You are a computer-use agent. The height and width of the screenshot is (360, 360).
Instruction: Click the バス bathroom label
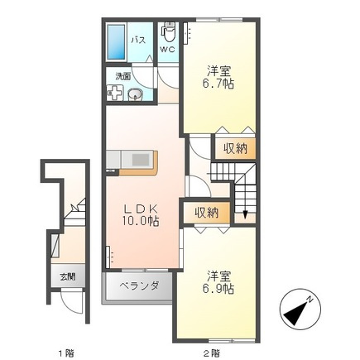point(141,40)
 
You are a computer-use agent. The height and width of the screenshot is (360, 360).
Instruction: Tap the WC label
point(168,49)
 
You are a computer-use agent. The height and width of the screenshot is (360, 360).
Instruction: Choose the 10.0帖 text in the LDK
point(142,221)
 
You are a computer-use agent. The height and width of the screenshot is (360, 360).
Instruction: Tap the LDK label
point(141,207)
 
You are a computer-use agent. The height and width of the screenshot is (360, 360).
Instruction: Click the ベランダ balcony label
point(134,287)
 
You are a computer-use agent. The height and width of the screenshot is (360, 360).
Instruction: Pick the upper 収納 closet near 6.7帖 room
point(234,149)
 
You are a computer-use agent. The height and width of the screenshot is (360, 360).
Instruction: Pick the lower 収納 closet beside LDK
point(206,213)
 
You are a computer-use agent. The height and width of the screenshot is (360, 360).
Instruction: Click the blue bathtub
point(116,40)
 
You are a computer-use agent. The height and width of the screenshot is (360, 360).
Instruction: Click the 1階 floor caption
point(65,353)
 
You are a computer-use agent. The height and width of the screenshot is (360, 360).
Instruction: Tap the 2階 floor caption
point(212,353)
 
